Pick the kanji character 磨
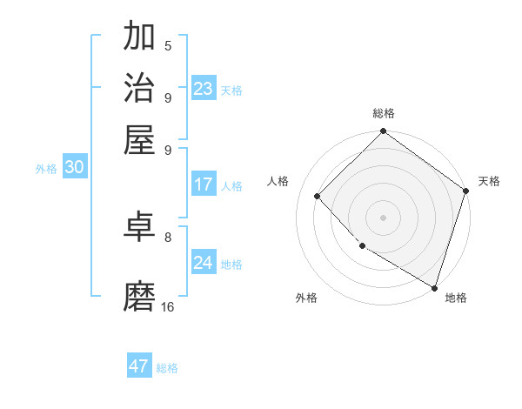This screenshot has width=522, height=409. pos(139,296)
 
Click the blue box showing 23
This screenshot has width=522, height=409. pos(204,89)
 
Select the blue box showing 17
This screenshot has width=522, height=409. pos(204,184)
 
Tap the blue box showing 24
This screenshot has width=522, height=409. pos(204,263)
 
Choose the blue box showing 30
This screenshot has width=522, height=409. pos(74,168)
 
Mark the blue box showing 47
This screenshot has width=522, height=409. pos(139,366)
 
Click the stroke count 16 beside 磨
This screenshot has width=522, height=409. pos(168,306)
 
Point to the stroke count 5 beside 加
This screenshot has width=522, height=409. pos(168,45)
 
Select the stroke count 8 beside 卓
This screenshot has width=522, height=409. pos(168,237)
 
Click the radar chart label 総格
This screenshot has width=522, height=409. pos(383,114)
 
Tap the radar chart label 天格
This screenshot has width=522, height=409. pos(489,181)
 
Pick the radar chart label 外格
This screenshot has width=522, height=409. pos(306,298)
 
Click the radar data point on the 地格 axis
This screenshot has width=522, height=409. pos(434,287)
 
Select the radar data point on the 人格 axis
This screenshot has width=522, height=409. pos(318,196)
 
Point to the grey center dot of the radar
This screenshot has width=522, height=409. pos(383,217)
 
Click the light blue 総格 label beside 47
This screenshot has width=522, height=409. pos(167,368)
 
